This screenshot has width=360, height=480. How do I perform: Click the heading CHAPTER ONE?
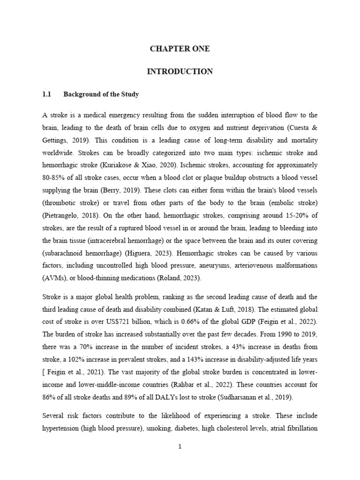tap(180, 49)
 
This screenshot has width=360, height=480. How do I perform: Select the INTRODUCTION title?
tap(180, 72)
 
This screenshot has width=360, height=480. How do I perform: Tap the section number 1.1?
tap(46, 95)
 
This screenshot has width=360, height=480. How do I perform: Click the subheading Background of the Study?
tap(101, 95)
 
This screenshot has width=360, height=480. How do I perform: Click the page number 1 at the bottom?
tap(180, 447)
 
